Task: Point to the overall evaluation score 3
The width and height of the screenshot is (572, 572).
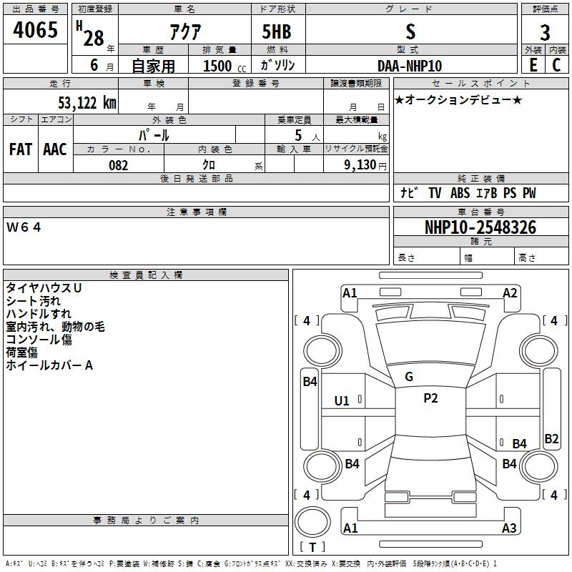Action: point(545,32)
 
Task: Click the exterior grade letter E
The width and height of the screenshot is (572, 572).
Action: point(533,65)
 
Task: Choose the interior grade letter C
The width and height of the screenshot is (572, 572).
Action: point(556,65)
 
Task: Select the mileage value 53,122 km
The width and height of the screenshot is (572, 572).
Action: point(83,102)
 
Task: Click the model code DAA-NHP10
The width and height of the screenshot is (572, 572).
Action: point(410,66)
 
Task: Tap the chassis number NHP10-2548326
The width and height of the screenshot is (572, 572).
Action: point(480,227)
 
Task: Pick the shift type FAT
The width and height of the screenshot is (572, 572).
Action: point(21,149)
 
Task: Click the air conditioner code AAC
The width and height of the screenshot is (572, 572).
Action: point(55,149)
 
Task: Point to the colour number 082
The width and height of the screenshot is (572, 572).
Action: point(118,165)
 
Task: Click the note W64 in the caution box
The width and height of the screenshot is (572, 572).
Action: point(25,227)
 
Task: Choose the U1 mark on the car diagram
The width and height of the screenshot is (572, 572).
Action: point(342,401)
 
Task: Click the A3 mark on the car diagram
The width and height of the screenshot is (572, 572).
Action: point(509,528)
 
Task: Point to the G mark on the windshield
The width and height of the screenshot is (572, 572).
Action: point(409,377)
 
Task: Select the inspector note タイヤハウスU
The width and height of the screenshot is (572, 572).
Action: point(44,287)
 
